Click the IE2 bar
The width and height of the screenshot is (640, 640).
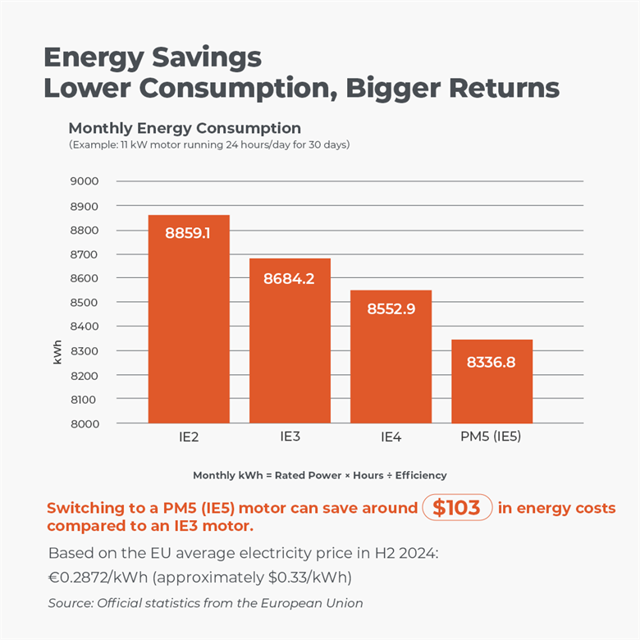[x=188, y=319]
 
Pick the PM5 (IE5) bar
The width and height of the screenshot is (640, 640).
[x=491, y=382]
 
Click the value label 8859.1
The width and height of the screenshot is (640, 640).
[x=188, y=233]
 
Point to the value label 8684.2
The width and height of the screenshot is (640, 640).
[x=290, y=278]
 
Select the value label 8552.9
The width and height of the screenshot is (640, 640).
[x=391, y=309]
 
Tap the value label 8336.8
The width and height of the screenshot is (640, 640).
[x=491, y=362]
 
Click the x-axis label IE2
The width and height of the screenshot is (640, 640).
[x=188, y=437]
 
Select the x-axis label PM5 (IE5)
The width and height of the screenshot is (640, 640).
[x=491, y=437]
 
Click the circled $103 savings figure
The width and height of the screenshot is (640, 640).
[x=456, y=508]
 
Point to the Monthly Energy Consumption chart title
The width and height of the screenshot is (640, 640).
[x=185, y=129]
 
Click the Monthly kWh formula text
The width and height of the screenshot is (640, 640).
[x=320, y=475]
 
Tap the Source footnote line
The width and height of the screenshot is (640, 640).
[x=205, y=603]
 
